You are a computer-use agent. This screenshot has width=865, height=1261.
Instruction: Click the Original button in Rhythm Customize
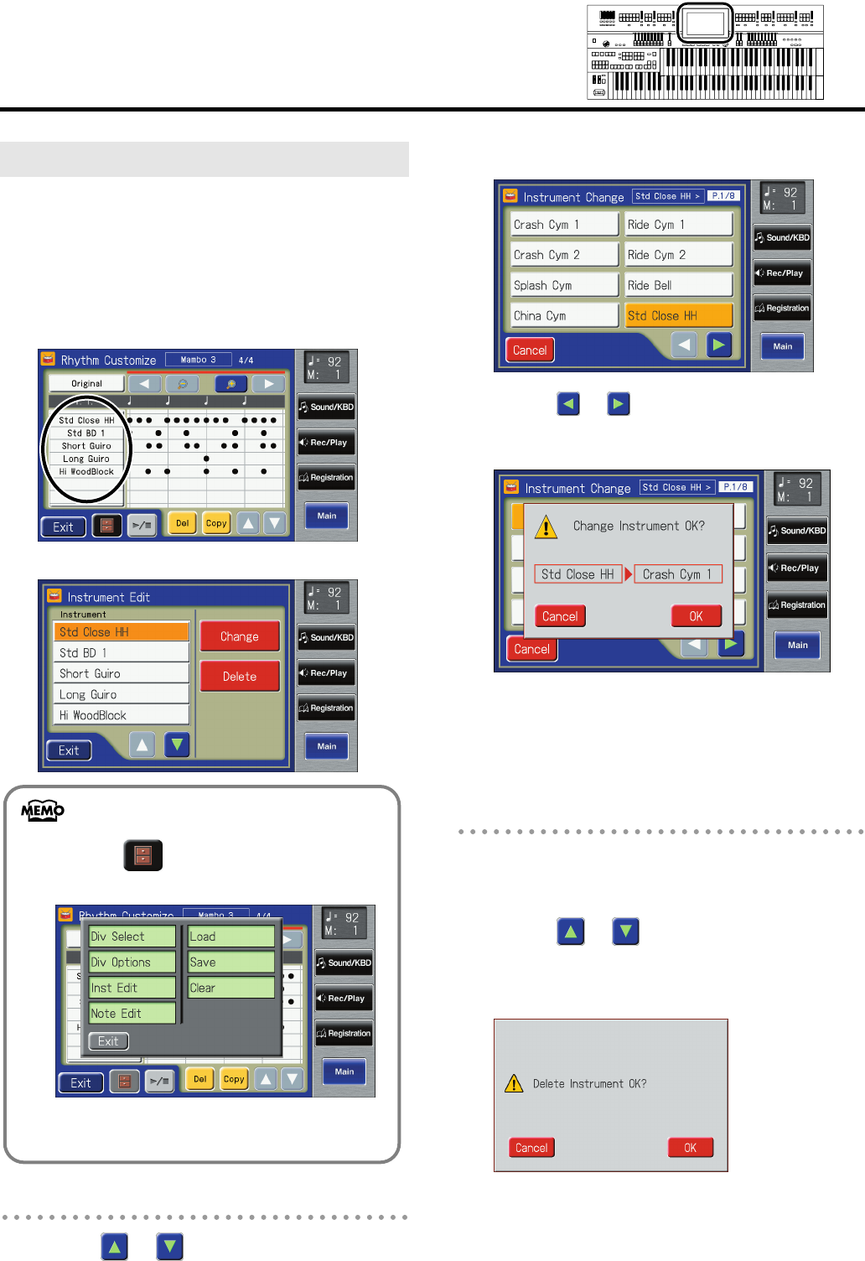[86, 383]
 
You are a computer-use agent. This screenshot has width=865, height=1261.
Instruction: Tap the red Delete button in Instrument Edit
[240, 676]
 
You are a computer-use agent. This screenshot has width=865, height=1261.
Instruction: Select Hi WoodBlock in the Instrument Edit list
[122, 715]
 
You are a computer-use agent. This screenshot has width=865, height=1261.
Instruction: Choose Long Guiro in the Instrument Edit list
[122, 694]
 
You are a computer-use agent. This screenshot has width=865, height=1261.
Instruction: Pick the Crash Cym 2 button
[564, 255]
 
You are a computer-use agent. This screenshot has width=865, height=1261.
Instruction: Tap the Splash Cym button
[564, 285]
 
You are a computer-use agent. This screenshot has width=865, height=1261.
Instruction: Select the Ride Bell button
[678, 285]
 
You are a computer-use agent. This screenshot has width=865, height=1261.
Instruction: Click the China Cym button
[564, 315]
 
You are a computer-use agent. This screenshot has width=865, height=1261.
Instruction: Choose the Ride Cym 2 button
[678, 255]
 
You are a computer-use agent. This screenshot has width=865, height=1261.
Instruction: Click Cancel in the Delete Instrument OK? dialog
[531, 1148]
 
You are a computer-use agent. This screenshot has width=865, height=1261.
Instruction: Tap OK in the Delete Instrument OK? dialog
[690, 1148]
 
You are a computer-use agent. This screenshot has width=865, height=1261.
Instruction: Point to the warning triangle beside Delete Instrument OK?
[514, 1083]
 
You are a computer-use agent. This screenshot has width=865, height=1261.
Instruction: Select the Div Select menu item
[132, 937]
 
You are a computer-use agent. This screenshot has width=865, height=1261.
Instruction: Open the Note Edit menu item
[132, 1013]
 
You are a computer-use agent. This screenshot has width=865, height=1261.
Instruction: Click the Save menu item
[231, 962]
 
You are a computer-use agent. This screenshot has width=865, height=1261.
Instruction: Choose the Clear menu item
[231, 988]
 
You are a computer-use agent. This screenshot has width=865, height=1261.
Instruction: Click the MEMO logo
[43, 810]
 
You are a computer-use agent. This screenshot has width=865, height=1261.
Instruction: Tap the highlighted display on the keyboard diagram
[705, 23]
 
